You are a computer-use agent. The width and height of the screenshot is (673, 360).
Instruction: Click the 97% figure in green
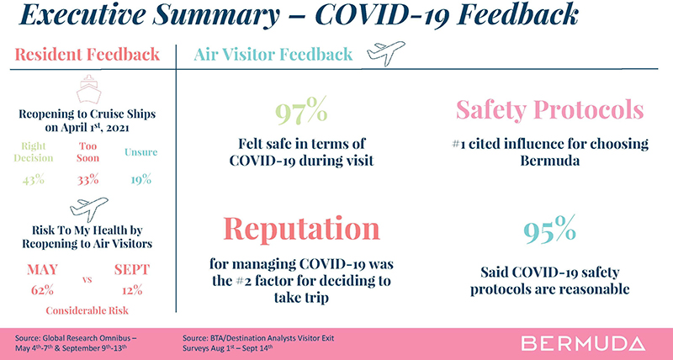[301, 111]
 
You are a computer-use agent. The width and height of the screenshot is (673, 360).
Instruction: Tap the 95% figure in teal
[549, 229]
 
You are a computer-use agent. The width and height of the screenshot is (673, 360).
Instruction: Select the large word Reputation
[301, 229]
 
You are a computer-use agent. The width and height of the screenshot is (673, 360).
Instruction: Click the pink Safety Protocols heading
[550, 110]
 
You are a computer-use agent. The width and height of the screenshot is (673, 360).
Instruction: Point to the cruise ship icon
[89, 89]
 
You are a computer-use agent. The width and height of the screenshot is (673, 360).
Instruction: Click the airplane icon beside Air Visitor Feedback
[386, 53]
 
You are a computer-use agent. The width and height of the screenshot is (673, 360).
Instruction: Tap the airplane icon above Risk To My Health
[89, 209]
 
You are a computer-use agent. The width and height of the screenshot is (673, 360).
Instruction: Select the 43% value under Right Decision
[34, 180]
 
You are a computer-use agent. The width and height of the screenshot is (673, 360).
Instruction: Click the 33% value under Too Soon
[88, 180]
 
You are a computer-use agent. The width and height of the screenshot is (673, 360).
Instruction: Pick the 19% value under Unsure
[141, 180]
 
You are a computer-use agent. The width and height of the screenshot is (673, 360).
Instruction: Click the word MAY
[43, 269]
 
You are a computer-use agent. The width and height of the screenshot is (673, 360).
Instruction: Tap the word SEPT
[132, 269]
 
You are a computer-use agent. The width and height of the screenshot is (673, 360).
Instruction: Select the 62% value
[43, 290]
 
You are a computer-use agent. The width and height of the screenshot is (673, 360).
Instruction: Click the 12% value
[132, 290]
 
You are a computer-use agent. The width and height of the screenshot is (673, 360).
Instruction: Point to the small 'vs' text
[87, 280]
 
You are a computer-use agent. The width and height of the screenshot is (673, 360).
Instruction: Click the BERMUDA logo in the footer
[583, 344]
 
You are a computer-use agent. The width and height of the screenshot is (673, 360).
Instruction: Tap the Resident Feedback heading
[87, 55]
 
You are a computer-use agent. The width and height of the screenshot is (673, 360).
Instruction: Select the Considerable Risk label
[87, 310]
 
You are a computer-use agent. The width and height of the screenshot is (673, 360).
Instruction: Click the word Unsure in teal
[141, 152]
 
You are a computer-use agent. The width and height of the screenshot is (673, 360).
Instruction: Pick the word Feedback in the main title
[518, 15]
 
